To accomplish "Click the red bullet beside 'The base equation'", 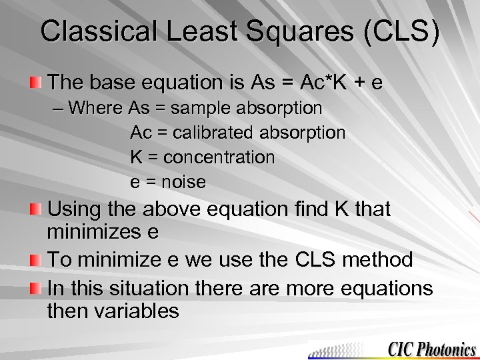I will tap(35, 83).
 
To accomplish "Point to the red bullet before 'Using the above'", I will tap(35, 209).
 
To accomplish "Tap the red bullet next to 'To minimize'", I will tap(35, 260).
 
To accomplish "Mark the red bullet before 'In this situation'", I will tap(35, 289).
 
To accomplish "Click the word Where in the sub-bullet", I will tap(95, 107).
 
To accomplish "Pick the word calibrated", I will tap(212, 133).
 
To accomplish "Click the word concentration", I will tap(219, 157).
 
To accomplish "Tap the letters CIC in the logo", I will tap(401, 349).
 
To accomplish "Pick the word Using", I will tap(75, 209).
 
